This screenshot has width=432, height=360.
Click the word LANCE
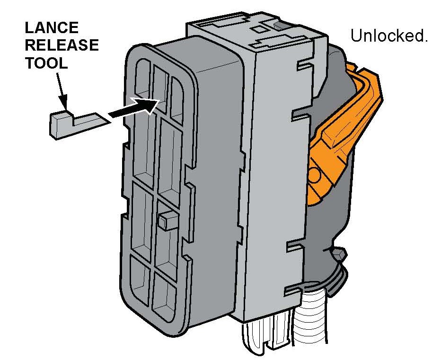pyautogui.click(x=47, y=28)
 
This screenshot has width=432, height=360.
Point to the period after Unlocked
pyautogui.click(x=425, y=41)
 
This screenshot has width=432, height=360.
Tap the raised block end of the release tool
pyautogui.click(x=60, y=124)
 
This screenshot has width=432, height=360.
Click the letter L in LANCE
pyautogui.click(x=30, y=28)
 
